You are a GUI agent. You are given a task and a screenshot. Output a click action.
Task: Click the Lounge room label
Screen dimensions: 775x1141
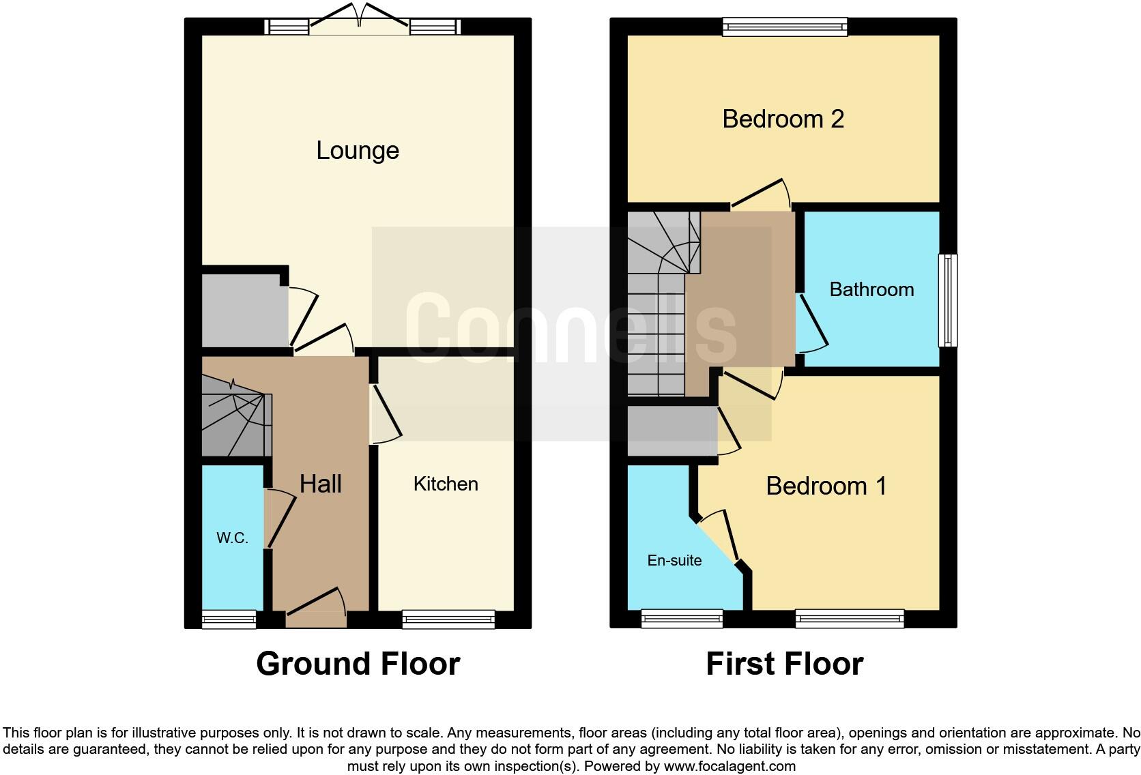click(357, 151)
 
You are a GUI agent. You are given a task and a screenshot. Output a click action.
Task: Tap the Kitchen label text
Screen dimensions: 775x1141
click(446, 484)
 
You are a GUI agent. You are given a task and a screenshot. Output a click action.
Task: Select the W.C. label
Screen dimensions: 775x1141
click(232, 538)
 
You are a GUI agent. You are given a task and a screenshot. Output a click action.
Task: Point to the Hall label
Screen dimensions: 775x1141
click(320, 484)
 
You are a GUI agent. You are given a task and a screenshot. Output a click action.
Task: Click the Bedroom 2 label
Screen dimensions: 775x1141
click(783, 119)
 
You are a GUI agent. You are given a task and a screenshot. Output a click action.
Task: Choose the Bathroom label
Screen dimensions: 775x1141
click(871, 290)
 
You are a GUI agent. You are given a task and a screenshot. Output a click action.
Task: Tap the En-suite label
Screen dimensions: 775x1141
click(674, 561)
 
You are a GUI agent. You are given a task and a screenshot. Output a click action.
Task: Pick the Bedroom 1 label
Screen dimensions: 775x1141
click(826, 486)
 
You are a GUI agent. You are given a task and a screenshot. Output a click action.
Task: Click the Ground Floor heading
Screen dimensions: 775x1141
click(358, 664)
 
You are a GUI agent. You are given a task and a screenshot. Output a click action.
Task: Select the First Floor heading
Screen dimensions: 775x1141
click(784, 664)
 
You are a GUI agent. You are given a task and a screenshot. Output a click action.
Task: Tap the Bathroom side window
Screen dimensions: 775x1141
click(947, 300)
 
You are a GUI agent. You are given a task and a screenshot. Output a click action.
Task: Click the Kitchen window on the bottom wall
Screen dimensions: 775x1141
click(448, 619)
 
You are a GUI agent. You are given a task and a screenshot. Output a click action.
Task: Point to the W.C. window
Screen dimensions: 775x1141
click(229, 619)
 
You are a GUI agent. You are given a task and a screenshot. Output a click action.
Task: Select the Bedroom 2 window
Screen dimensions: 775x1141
click(785, 27)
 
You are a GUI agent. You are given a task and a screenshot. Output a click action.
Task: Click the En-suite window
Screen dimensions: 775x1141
click(682, 619)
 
